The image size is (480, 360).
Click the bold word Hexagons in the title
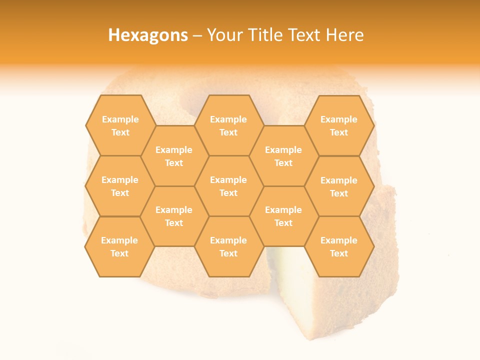pyautogui.click(x=148, y=35)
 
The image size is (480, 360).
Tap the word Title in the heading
pyautogui.click(x=267, y=35)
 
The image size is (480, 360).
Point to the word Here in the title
pyautogui.click(x=345, y=35)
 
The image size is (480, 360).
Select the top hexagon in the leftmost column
pyautogui.click(x=120, y=125)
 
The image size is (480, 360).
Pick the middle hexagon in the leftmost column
pyautogui.click(x=120, y=186)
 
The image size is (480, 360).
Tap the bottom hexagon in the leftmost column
pyautogui.click(x=119, y=246)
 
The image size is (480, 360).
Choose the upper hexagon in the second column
pyautogui.click(x=174, y=156)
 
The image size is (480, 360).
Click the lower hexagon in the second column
pyautogui.click(x=174, y=216)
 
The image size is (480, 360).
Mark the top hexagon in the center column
pyautogui.click(x=228, y=125)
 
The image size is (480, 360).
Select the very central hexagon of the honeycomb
pyautogui.click(x=228, y=186)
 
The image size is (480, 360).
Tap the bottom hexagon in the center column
pyautogui.click(x=228, y=246)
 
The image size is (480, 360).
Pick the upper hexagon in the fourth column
pyautogui.click(x=283, y=156)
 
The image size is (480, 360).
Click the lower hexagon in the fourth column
pyautogui.click(x=283, y=216)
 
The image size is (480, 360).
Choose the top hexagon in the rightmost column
pyautogui.click(x=339, y=125)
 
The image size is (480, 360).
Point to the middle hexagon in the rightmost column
pyautogui.click(x=339, y=186)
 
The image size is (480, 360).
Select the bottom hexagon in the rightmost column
pyautogui.click(x=339, y=246)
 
